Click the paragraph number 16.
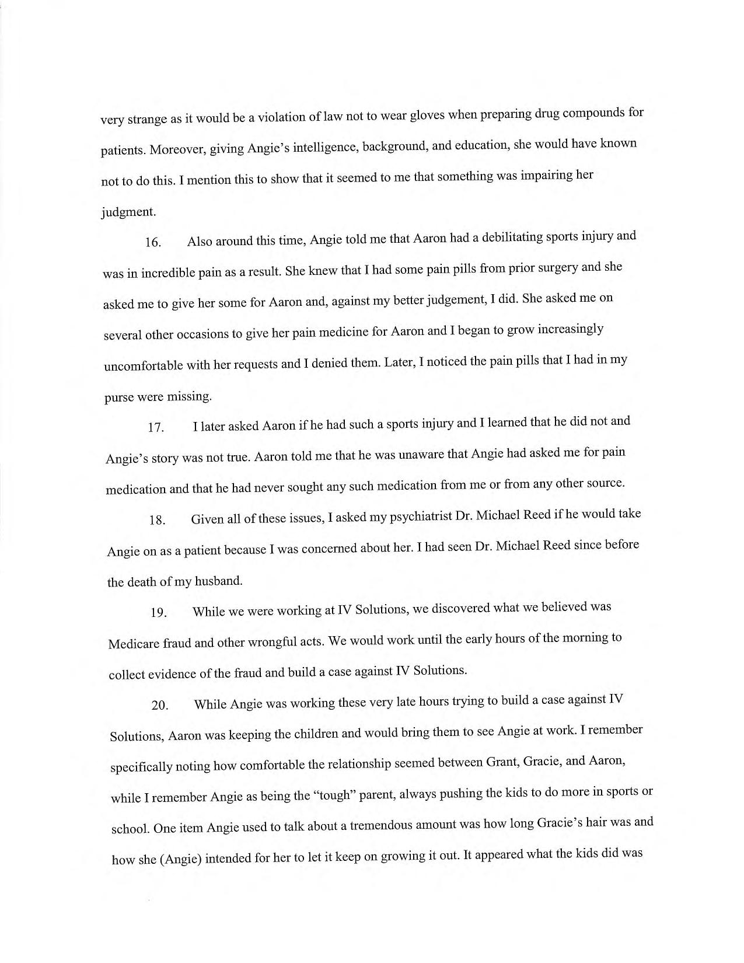(x=153, y=243)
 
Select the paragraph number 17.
(x=156, y=427)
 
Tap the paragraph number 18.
(x=158, y=520)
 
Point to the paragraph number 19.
(x=159, y=612)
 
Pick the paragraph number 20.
(x=160, y=705)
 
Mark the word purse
(x=119, y=397)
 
